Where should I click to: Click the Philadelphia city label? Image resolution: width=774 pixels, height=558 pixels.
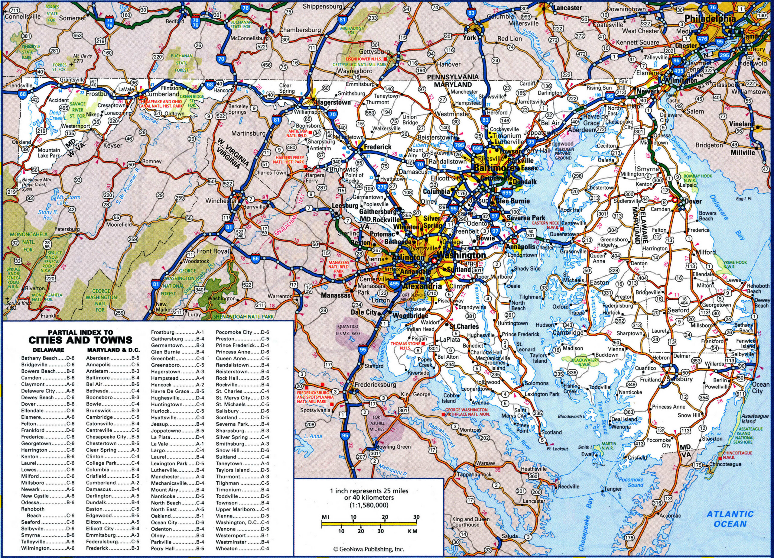[710, 19]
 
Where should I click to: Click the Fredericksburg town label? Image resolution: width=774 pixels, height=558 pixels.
[376, 384]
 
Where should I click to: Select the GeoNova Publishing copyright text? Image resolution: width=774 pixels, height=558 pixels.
[369, 549]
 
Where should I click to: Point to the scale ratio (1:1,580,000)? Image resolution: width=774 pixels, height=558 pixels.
[369, 505]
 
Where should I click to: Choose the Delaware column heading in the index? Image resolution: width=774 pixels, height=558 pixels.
[48, 350]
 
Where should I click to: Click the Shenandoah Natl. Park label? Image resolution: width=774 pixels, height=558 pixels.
[243, 317]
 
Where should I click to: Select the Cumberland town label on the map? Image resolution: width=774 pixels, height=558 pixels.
[162, 94]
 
